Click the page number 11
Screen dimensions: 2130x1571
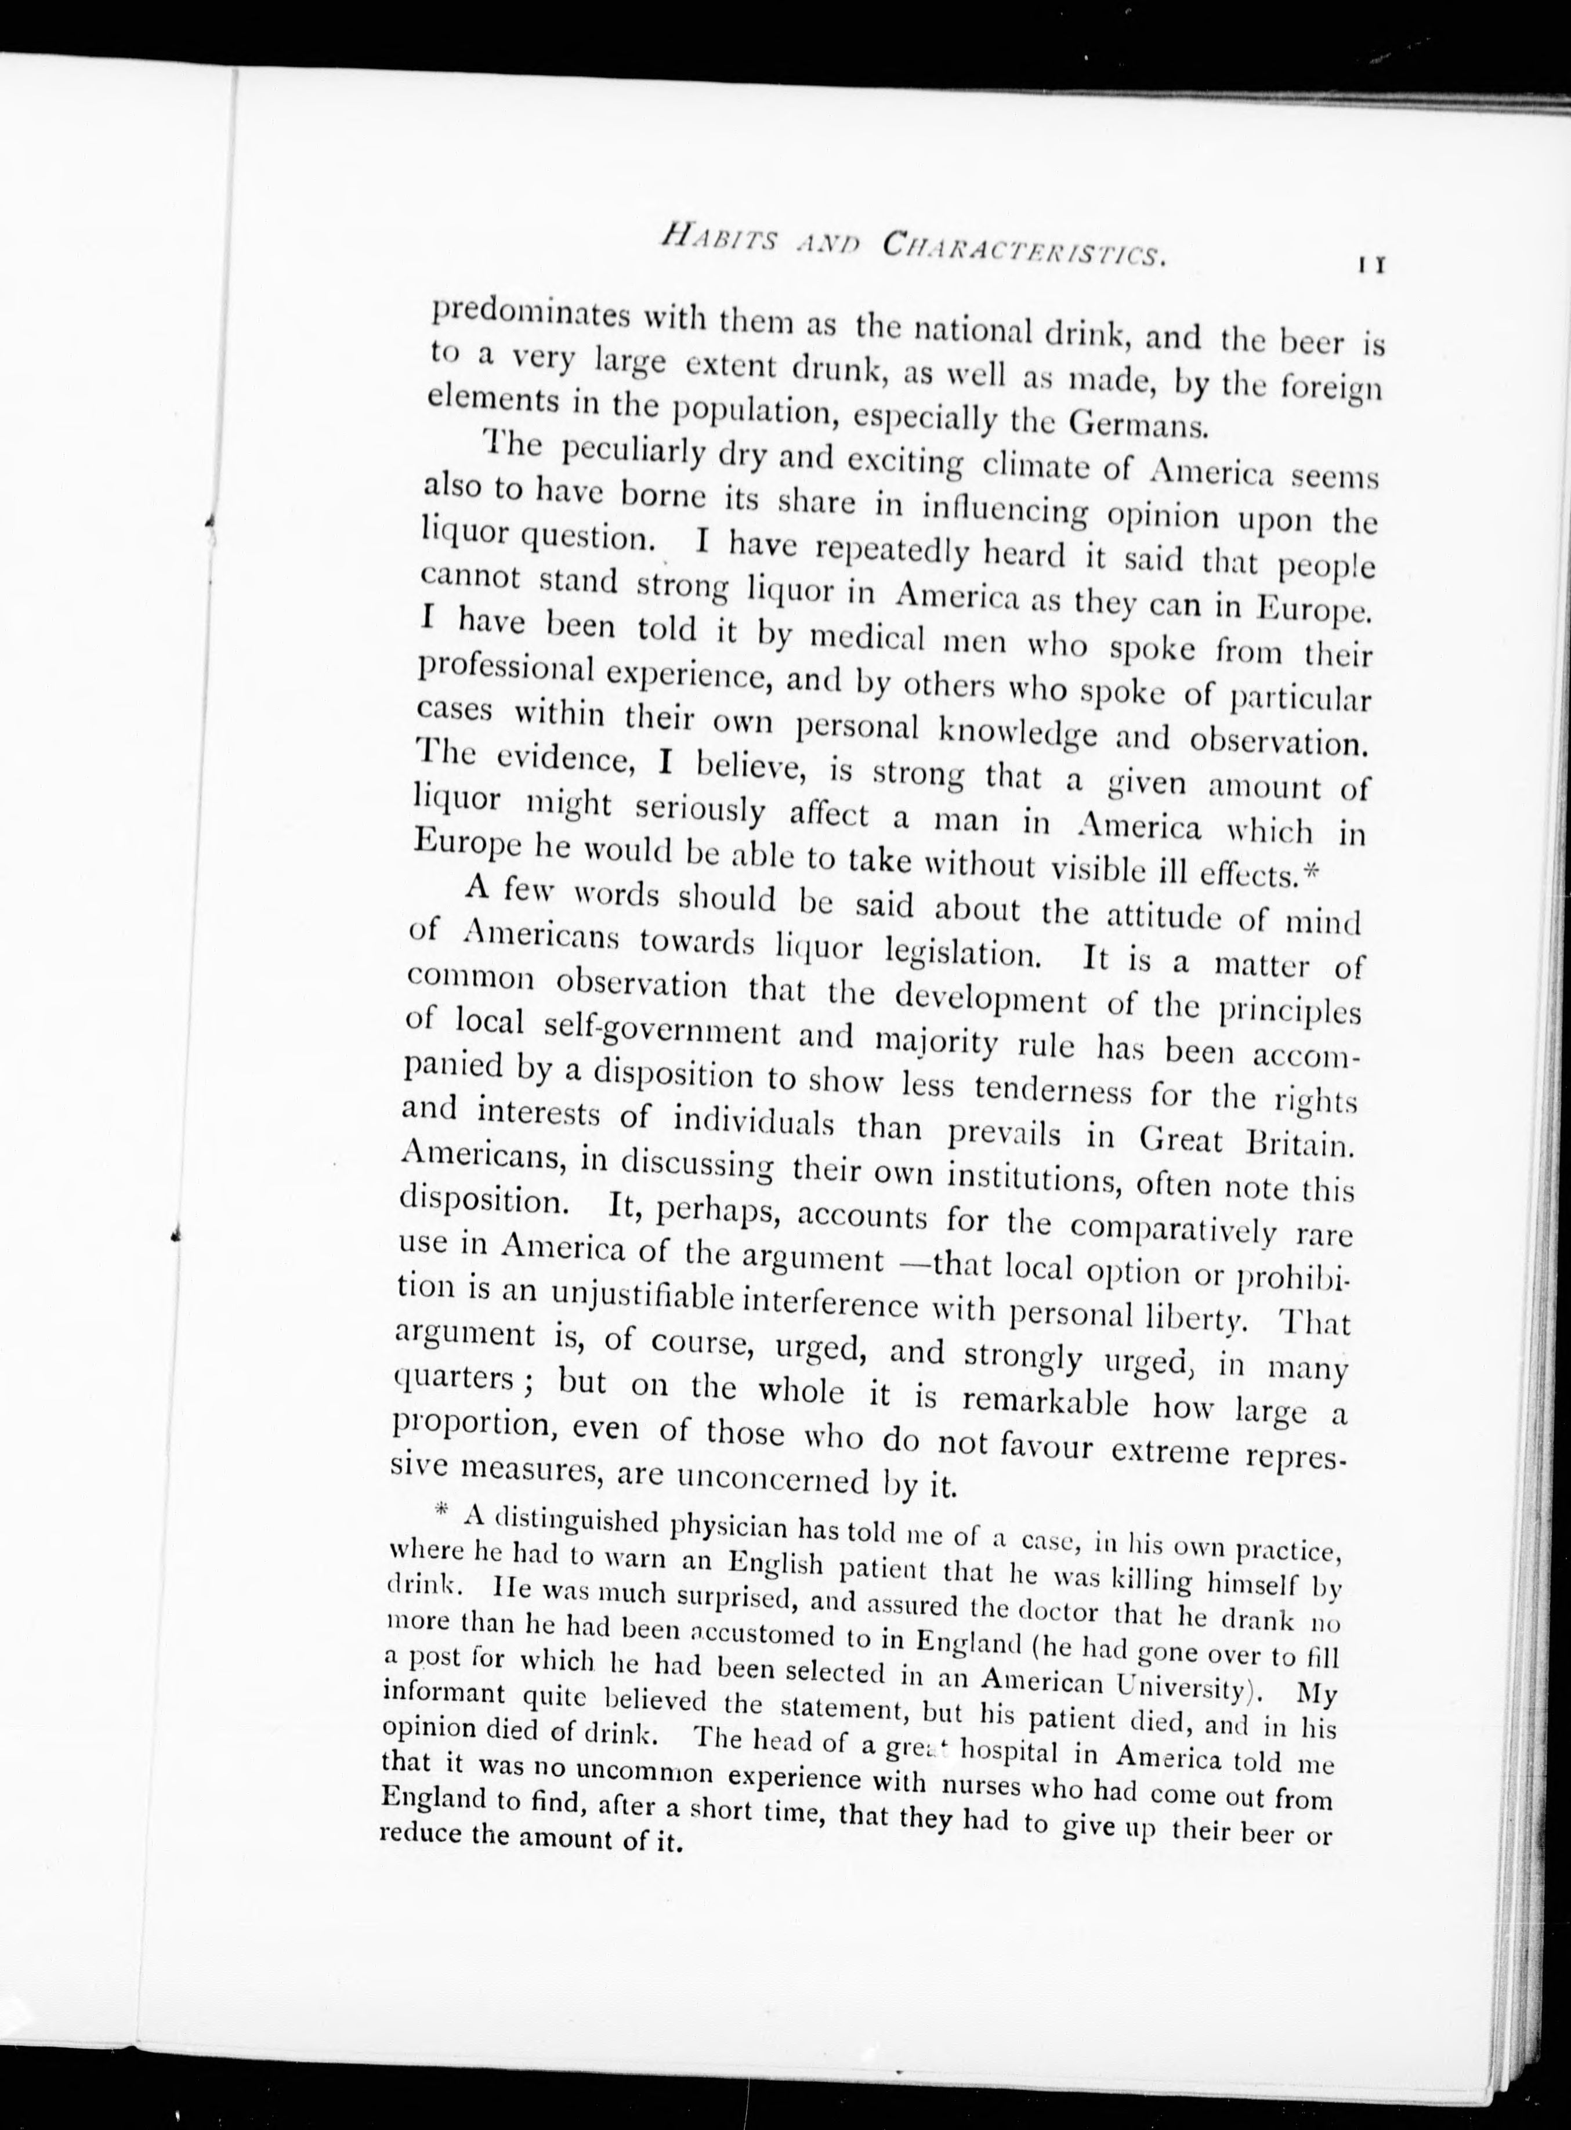click(x=1369, y=267)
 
